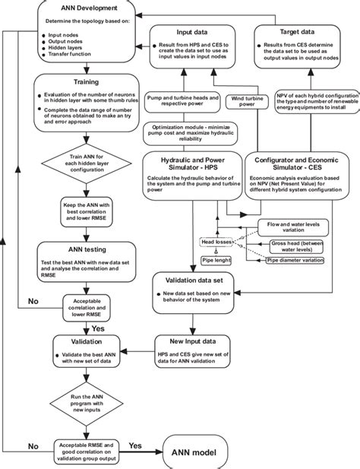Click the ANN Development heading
71,8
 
